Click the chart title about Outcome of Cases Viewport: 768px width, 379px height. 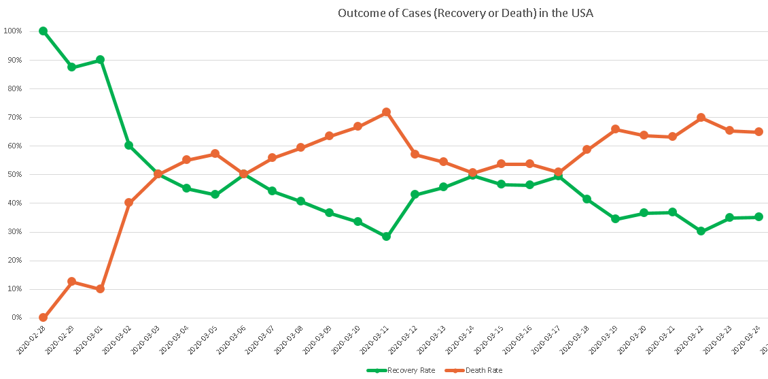466,13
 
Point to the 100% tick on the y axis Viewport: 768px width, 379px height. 13,31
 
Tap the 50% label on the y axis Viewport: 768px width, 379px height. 14,174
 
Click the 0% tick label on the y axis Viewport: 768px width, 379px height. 16,318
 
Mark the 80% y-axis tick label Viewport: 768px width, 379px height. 14,88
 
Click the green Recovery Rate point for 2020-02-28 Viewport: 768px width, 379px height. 43,31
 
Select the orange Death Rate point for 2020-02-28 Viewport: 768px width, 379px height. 43,317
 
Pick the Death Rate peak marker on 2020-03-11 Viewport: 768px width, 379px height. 386,112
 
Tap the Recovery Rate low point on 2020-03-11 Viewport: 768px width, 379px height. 386,236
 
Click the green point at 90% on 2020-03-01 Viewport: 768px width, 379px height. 100,60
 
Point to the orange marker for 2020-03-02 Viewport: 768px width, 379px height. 128,202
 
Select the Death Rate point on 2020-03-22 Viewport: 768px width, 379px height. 701,117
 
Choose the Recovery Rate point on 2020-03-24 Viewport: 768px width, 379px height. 758,217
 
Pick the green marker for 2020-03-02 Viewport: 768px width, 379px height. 128,145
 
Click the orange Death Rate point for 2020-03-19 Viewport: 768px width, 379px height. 615,129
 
